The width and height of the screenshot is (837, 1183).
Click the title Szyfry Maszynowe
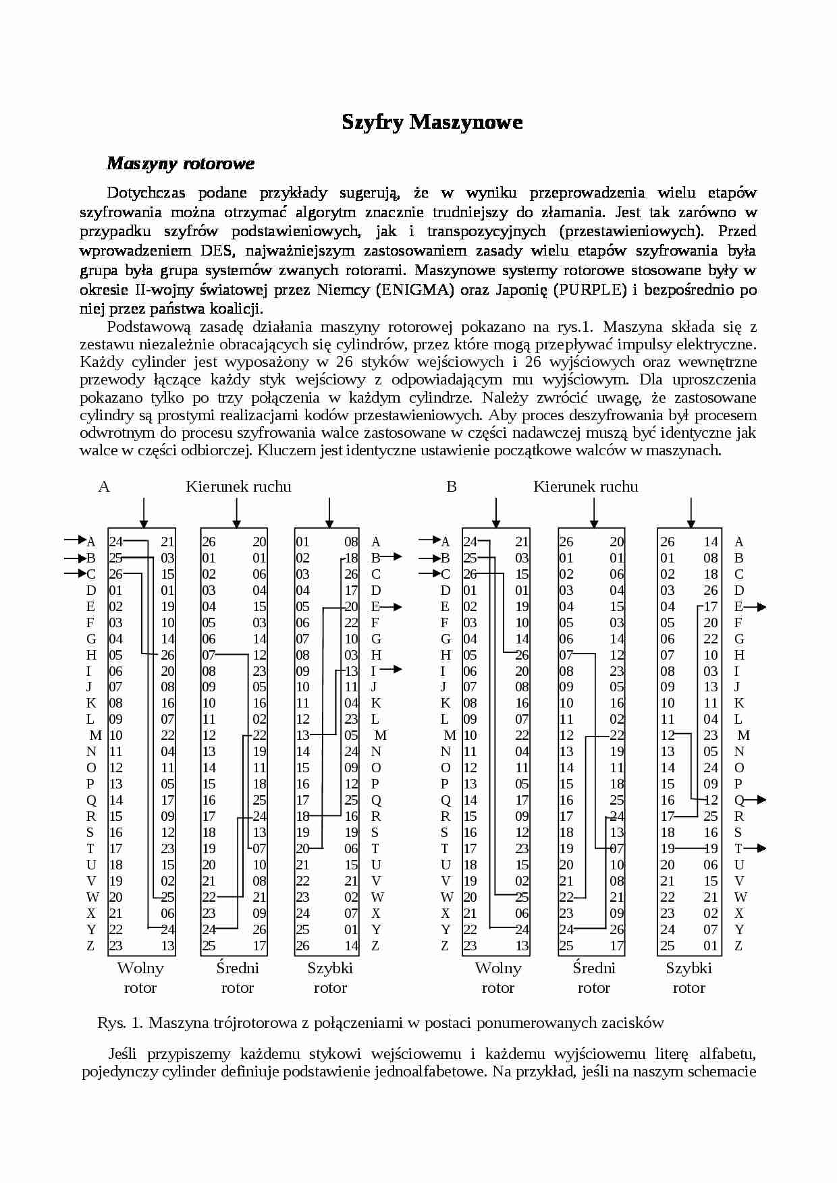click(432, 122)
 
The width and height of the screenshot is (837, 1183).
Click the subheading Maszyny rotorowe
click(180, 163)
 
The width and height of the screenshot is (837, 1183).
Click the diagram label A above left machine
click(104, 486)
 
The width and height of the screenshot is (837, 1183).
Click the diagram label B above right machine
click(452, 486)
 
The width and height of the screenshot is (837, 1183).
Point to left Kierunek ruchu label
click(238, 486)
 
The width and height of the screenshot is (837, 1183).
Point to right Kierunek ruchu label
click(585, 486)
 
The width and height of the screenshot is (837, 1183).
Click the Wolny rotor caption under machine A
click(140, 977)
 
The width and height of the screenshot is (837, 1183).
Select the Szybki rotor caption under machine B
click(688, 977)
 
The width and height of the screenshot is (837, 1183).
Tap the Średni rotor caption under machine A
click(238, 977)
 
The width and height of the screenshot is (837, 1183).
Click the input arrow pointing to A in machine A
click(74, 540)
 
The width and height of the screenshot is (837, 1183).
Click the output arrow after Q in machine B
click(759, 800)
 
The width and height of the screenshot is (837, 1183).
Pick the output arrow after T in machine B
click(759, 848)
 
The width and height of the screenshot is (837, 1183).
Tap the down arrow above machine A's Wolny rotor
click(143, 513)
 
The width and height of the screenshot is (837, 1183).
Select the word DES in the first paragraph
click(215, 251)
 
